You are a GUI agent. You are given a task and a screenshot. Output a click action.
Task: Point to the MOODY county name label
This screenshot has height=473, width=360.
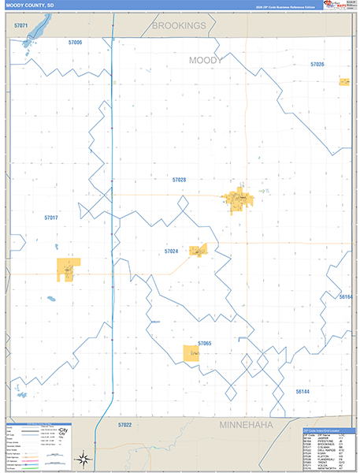pos(206,60)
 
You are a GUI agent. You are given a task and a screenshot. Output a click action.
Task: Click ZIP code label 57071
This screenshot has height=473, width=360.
pos(21,27)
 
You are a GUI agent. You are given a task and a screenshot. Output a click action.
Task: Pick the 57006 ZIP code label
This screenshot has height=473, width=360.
pos(76,42)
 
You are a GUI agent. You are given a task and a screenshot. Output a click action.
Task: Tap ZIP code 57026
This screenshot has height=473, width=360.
pos(317,64)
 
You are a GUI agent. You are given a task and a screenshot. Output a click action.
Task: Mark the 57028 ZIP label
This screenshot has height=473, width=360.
pos(180,180)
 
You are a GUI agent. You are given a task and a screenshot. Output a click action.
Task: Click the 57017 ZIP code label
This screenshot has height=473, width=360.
pos(51,217)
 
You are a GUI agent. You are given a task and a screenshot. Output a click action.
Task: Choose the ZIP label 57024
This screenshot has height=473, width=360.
pos(171,251)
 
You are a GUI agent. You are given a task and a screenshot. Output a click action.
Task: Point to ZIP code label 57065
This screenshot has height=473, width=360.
pos(205,344)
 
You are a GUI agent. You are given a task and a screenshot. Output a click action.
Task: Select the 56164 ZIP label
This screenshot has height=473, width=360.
pos(346,296)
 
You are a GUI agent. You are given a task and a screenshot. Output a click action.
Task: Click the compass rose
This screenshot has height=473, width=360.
pos(80,458)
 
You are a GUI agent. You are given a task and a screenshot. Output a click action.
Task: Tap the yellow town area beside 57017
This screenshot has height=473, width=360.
pos(68,269)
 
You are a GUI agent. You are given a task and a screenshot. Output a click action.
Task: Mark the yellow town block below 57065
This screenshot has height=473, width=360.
pos(191,354)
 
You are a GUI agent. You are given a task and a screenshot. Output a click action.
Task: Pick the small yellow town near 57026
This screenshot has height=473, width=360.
pos(344,82)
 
